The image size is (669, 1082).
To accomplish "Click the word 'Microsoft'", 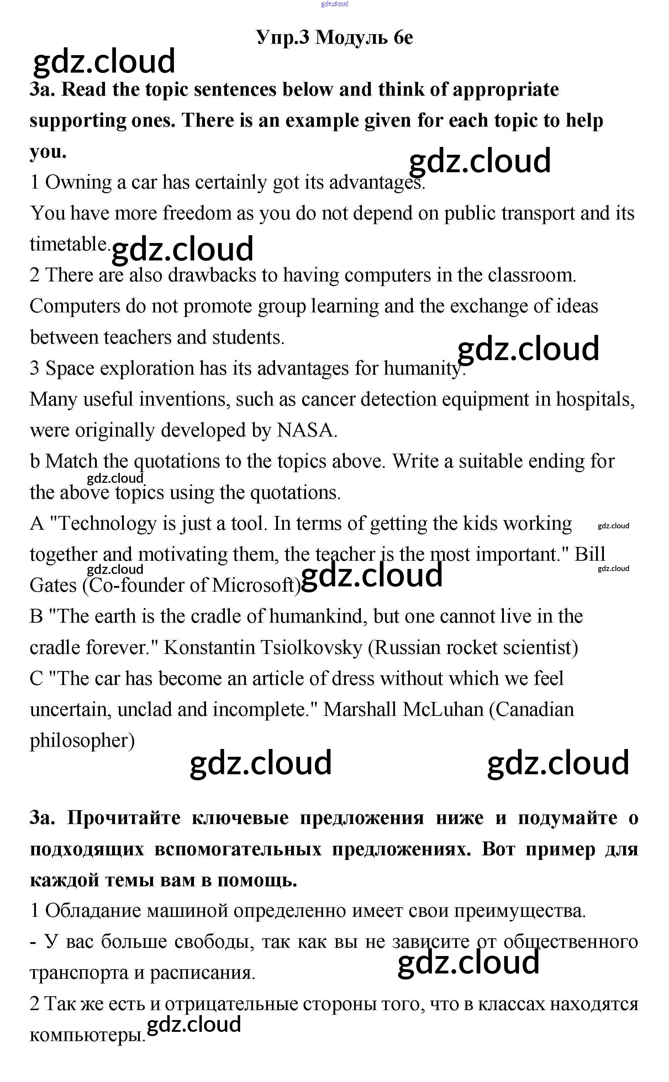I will pos(253,586).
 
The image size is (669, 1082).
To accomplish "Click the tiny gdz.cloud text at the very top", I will pos(334,4).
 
